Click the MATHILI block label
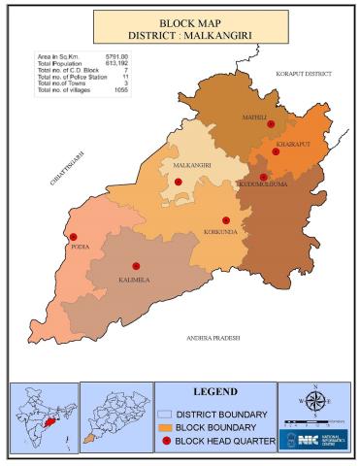point(255,117)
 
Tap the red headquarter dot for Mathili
point(271,124)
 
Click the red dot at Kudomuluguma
point(263,177)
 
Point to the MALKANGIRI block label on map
point(192,166)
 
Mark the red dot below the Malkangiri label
point(178,182)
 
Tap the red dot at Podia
point(71,235)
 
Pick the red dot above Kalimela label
point(136,266)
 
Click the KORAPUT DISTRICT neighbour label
point(303,73)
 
